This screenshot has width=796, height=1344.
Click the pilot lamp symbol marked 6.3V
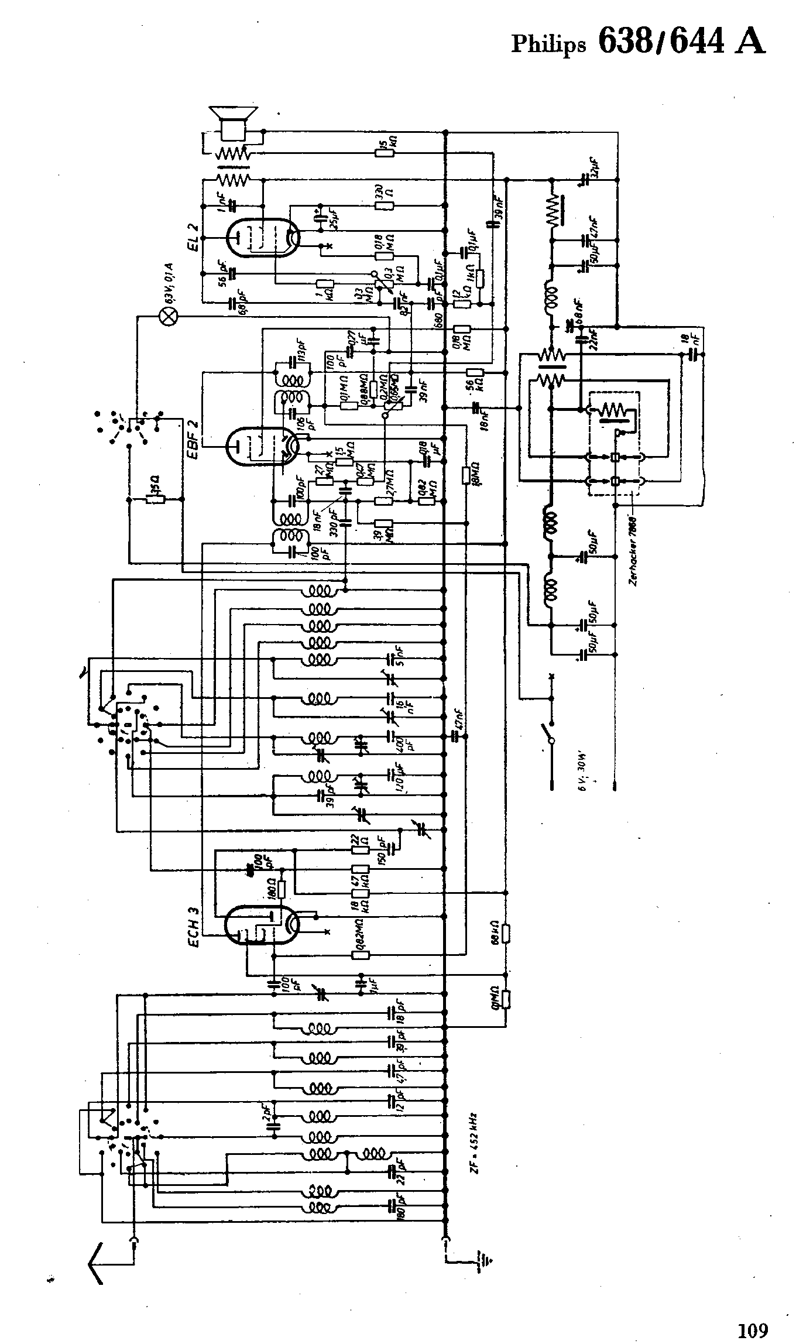169,317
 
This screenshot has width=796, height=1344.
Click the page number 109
752,1314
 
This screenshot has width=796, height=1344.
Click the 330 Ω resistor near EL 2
385,205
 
